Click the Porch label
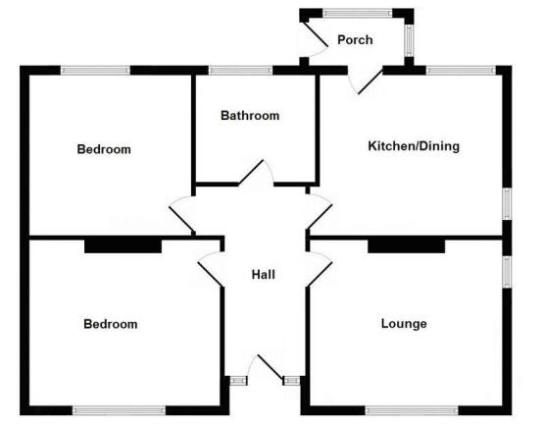coord(355,40)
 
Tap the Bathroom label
coord(250,115)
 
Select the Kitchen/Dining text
coord(414,146)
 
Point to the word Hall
coord(264,275)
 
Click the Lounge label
coord(404,324)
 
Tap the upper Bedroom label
coord(104,149)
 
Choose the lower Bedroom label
coord(111,324)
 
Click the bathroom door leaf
coord(251,172)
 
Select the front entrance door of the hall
coord(270,367)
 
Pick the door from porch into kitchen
coord(371,81)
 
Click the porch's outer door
coord(315,33)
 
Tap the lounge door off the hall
coord(320,275)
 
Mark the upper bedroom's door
coord(181,220)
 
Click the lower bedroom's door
coord(210,275)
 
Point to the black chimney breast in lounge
coord(406,246)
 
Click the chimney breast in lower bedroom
coord(124,246)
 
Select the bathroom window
coord(240,71)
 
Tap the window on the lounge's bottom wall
coord(412,411)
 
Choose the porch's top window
coord(358,14)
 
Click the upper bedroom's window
coord(95,71)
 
